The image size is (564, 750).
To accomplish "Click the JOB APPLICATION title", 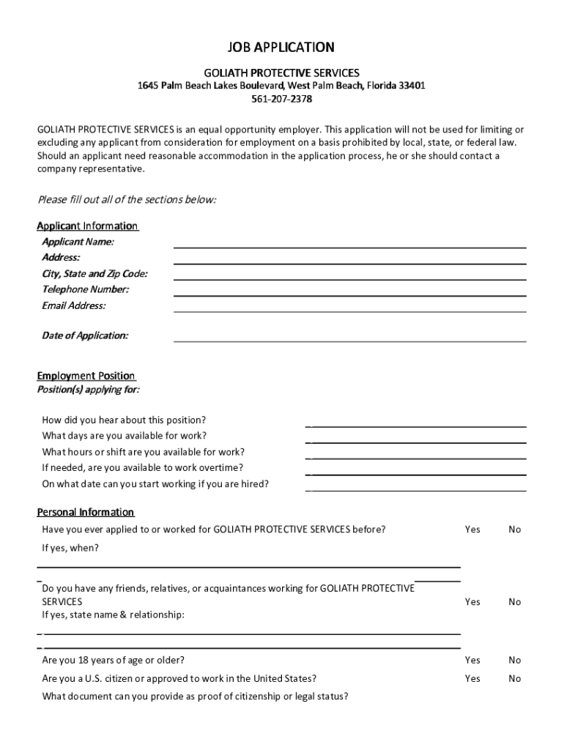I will point(281,48).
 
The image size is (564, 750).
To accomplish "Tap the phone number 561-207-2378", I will point(281,99).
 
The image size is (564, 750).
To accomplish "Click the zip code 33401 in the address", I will point(410,86).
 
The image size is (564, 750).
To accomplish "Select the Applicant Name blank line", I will point(349,246).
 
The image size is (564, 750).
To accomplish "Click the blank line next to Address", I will point(349,262).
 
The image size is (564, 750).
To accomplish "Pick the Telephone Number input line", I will point(349,294).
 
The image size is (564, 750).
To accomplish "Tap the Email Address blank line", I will point(349,311).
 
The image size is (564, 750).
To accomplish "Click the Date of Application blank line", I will point(349,341).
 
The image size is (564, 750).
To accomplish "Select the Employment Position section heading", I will point(86,376).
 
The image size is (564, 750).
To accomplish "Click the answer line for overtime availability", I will point(416,473).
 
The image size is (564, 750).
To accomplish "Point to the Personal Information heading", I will point(86,512).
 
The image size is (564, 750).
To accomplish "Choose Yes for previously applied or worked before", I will point(472,529).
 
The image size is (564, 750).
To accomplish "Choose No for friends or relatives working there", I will point(515,601).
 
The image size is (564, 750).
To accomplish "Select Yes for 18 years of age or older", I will point(472,660).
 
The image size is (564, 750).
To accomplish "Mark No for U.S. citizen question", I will point(515,678).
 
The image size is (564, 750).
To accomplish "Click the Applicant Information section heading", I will point(88,226).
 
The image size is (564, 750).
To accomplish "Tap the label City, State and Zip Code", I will point(94,274).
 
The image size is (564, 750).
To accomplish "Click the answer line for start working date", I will point(416,489).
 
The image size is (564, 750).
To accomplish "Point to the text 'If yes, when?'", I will point(70,548).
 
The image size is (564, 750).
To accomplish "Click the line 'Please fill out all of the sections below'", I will point(127,200).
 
